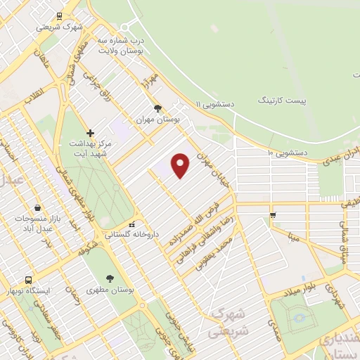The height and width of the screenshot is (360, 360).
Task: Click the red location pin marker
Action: tap(181, 165)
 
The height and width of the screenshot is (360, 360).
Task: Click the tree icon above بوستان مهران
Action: tap(157, 108)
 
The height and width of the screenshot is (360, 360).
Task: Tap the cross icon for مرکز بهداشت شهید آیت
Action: tap(90, 133)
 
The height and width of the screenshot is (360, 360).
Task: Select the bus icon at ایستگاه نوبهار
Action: tap(29, 280)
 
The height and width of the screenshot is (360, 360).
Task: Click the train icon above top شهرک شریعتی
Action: tap(59, 15)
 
